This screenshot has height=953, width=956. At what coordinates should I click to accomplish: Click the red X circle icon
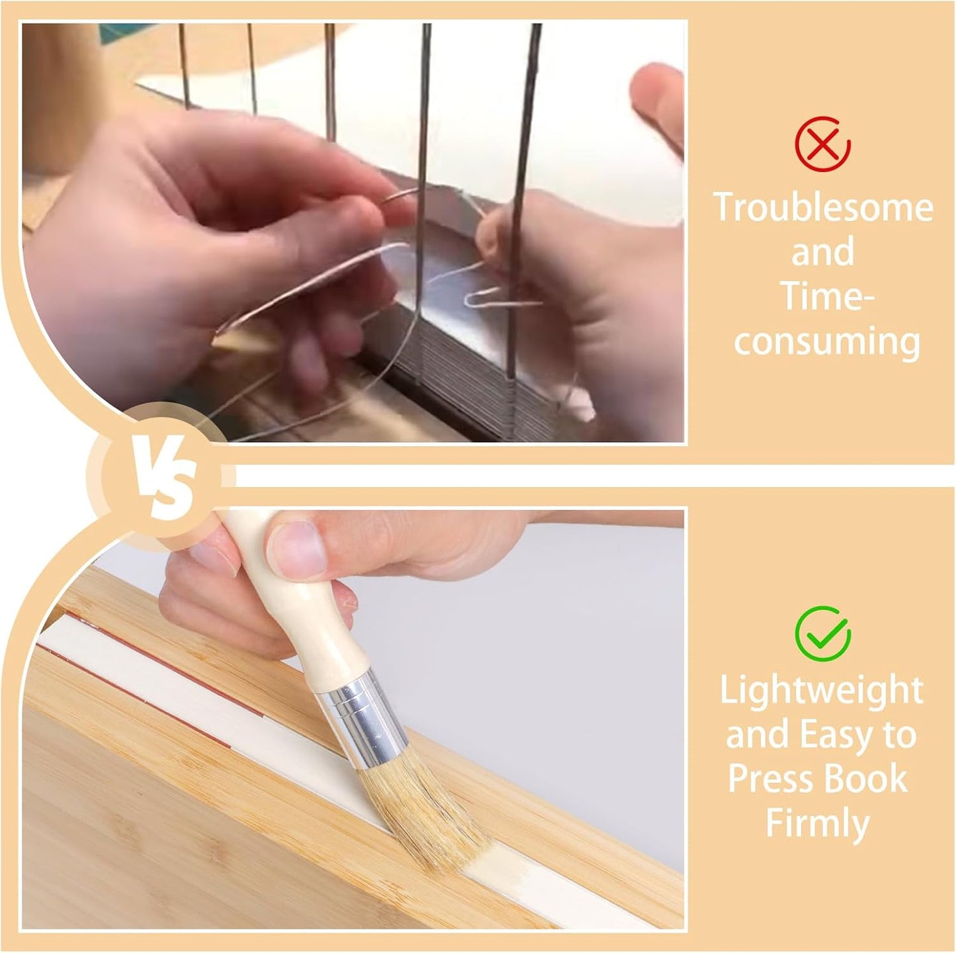822,144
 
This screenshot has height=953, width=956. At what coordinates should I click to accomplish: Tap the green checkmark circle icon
822,634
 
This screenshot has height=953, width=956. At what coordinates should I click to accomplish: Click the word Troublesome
823,208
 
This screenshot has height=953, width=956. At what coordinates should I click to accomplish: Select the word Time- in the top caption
827,296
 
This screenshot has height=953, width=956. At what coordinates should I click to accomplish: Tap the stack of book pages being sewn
461,377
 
